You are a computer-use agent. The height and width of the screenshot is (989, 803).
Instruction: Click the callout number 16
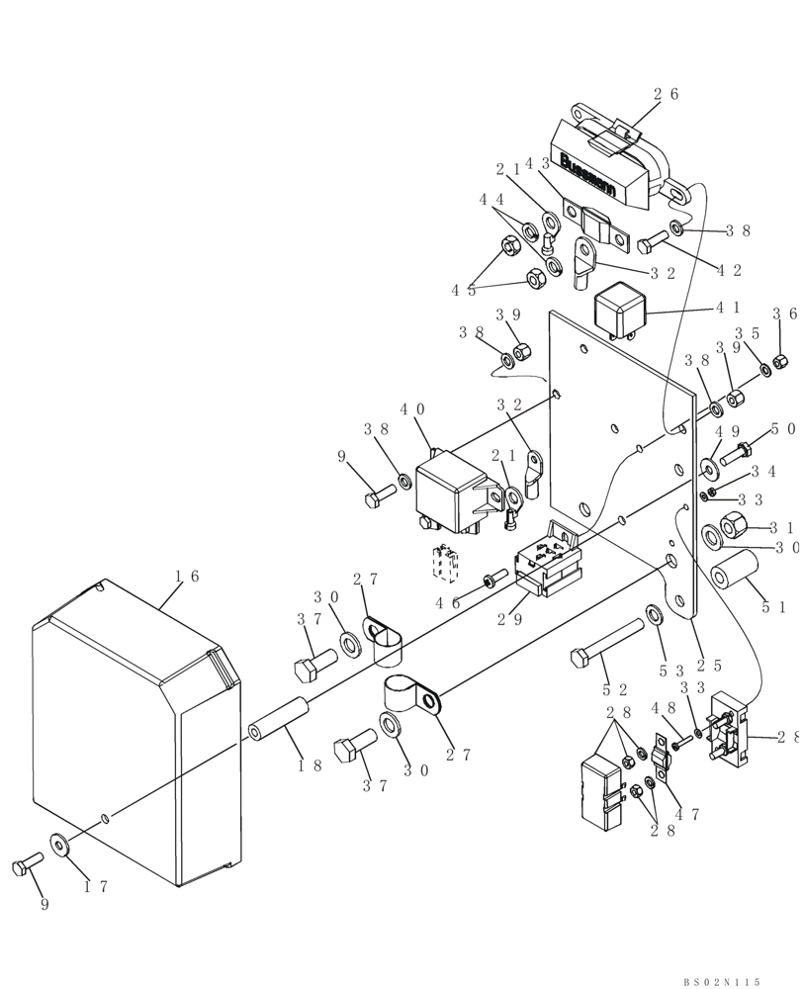tap(187, 576)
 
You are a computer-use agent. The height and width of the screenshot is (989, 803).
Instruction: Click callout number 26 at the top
tap(666, 95)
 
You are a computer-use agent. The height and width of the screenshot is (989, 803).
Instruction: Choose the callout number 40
tap(412, 408)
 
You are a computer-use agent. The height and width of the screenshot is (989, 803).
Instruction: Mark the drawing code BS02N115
tap(721, 981)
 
